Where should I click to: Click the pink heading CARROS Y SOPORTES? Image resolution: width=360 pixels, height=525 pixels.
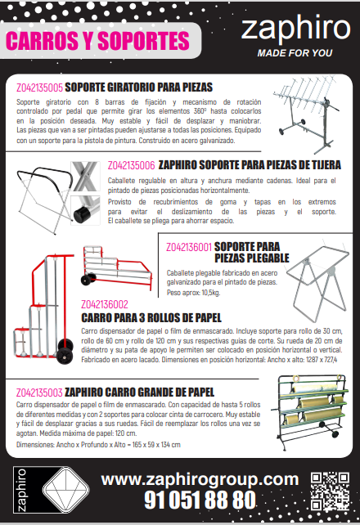97,41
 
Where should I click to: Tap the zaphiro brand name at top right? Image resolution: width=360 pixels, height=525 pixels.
295,29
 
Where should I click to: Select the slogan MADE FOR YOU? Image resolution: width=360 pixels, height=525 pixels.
295,53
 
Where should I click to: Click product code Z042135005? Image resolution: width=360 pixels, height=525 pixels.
39,87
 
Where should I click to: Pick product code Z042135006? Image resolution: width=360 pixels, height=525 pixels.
131,165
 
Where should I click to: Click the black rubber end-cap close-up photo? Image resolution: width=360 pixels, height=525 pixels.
85,211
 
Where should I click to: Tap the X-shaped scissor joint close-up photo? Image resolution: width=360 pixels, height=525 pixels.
85,177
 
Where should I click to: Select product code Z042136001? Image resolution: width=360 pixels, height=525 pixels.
189,247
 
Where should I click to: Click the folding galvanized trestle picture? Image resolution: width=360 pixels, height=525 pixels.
317,280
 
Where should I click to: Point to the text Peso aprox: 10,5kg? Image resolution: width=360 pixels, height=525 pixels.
193,293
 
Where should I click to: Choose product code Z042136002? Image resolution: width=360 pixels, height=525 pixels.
105,304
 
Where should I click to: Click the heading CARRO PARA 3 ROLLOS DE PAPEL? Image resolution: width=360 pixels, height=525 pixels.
151,318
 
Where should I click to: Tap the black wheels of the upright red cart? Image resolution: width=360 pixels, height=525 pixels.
65,351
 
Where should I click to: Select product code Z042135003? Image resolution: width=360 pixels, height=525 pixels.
39,393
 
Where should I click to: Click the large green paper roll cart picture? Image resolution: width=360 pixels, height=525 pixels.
311,412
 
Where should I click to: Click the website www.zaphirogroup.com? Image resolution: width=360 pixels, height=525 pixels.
200,479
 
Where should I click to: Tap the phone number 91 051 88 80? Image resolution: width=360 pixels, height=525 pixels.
200,500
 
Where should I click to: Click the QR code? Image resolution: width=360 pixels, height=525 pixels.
330,491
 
